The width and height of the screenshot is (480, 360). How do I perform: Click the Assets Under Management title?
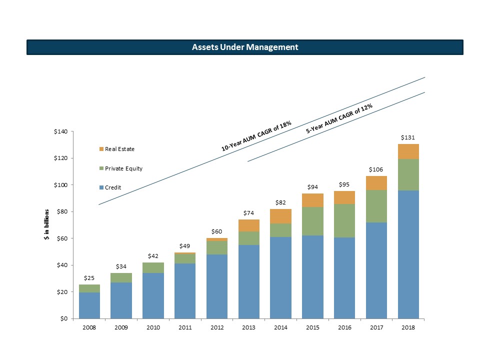point(245,47)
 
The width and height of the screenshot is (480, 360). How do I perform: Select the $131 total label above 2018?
point(408,136)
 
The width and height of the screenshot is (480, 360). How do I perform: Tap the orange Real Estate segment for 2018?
point(408,151)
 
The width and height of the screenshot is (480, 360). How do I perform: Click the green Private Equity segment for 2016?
point(344,220)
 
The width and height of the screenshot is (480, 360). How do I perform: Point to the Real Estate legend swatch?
point(101,149)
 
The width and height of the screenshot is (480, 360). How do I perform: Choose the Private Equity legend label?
point(123,168)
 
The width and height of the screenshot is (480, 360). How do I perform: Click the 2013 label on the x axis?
point(248,328)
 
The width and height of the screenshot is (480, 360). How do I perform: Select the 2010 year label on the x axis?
point(153,328)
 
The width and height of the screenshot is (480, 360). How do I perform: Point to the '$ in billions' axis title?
point(46,225)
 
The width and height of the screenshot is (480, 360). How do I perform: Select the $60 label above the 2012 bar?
point(216,231)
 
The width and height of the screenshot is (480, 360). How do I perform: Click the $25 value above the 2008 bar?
point(89,277)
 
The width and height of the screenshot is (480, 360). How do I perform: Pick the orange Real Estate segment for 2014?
point(280,216)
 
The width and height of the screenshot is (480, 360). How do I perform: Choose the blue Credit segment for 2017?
point(376,270)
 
